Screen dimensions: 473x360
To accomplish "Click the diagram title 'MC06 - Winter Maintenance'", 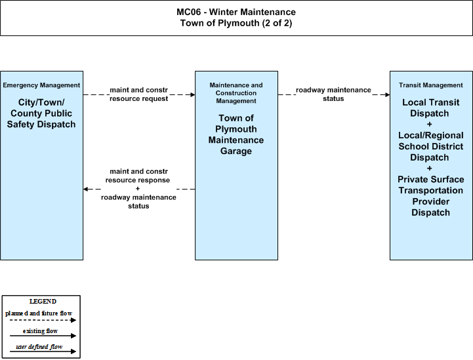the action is coord(236,12).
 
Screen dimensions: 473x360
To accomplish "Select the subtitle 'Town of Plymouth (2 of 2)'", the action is coord(236,23).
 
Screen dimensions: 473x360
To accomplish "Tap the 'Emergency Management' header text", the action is coord(41,85).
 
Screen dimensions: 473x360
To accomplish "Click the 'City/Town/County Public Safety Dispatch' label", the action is coord(41,113).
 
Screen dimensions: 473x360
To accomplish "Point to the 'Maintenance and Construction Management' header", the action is coord(236,93).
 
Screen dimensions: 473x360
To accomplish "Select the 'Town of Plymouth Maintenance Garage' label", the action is coord(236,134).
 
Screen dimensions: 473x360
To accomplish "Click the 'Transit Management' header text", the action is coord(431,85).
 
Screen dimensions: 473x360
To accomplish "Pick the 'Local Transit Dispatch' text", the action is coord(431,108).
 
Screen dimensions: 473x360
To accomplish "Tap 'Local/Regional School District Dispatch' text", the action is coord(431,146).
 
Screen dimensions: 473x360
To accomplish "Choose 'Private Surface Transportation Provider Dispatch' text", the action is coord(431,196).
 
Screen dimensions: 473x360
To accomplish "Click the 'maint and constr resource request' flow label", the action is coord(139,94).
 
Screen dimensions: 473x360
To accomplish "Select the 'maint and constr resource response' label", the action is coord(138,176).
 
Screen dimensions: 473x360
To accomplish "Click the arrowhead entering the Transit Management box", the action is coord(388,94).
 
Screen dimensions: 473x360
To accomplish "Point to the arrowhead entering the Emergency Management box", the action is coord(85,189).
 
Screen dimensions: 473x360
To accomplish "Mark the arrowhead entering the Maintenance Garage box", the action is coord(193,94).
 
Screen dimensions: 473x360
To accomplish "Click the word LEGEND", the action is coord(43,302).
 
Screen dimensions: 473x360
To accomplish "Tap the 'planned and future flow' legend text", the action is coord(39,313).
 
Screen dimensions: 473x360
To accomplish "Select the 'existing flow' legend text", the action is coord(40,331).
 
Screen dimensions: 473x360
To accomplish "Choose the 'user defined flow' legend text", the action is coord(39,347).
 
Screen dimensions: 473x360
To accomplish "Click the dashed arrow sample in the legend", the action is coord(43,320).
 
